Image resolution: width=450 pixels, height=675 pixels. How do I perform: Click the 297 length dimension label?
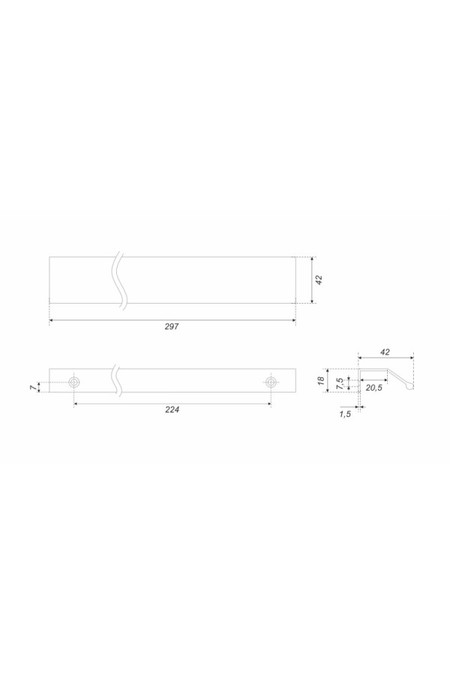coord(172,327)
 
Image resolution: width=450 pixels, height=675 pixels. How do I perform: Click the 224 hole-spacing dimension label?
coord(172,409)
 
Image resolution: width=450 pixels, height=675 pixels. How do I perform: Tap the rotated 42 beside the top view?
coord(319,280)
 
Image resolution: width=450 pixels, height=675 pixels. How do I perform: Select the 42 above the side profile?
coord(385,352)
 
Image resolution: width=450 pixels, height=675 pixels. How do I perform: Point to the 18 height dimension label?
coord(321,380)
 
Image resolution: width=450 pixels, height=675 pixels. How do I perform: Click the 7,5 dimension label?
coord(340,382)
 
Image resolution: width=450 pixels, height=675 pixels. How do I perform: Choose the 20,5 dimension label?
coord(373,388)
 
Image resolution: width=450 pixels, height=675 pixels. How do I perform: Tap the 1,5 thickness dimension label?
coord(345,414)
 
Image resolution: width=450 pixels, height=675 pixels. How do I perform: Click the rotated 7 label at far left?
coord(33,388)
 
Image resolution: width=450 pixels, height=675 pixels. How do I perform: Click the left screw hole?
coord(75,382)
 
